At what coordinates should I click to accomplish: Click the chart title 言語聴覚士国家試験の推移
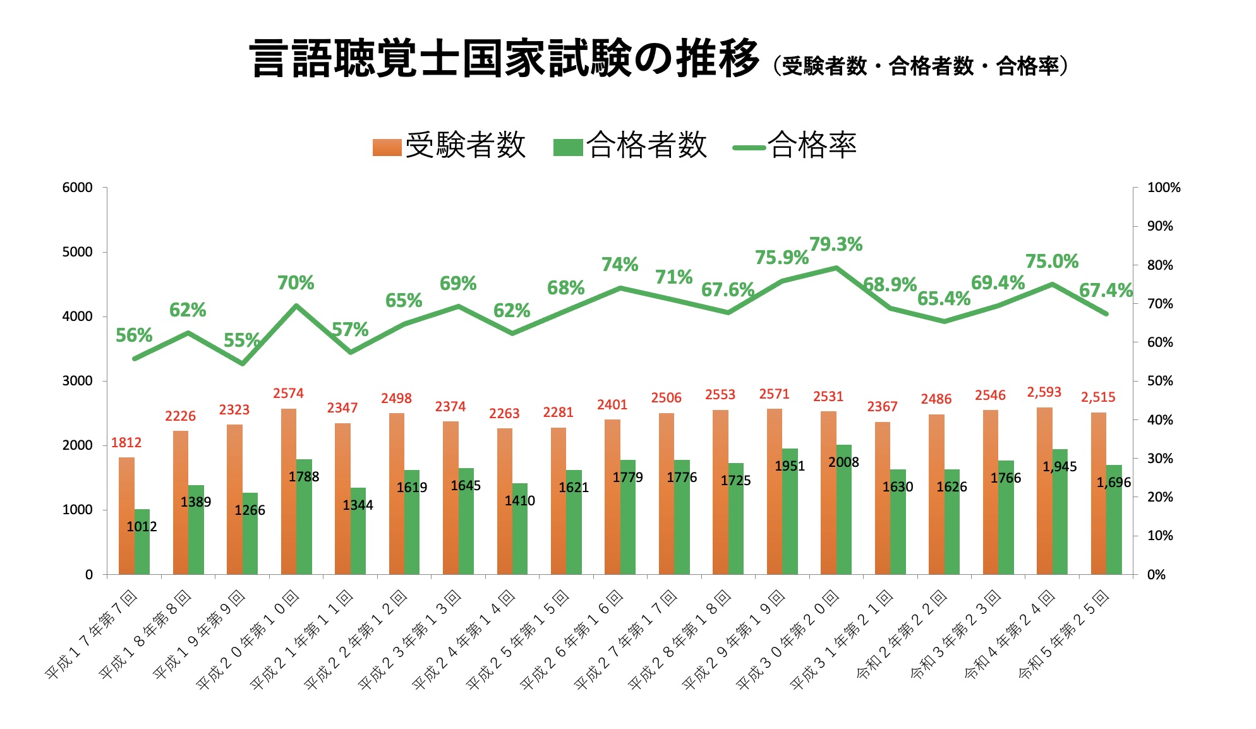(504, 59)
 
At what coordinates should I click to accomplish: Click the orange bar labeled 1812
(126, 515)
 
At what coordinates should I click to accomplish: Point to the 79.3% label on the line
(835, 244)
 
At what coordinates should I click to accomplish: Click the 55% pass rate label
(241, 340)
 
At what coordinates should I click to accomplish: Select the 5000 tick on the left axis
(77, 252)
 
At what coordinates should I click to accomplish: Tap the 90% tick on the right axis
(1160, 226)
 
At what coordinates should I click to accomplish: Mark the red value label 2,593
(1044, 392)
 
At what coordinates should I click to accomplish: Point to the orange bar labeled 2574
(289, 491)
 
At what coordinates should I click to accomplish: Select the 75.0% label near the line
(1051, 262)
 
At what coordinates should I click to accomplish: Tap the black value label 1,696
(1113, 483)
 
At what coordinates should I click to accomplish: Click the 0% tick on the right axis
(1156, 575)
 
